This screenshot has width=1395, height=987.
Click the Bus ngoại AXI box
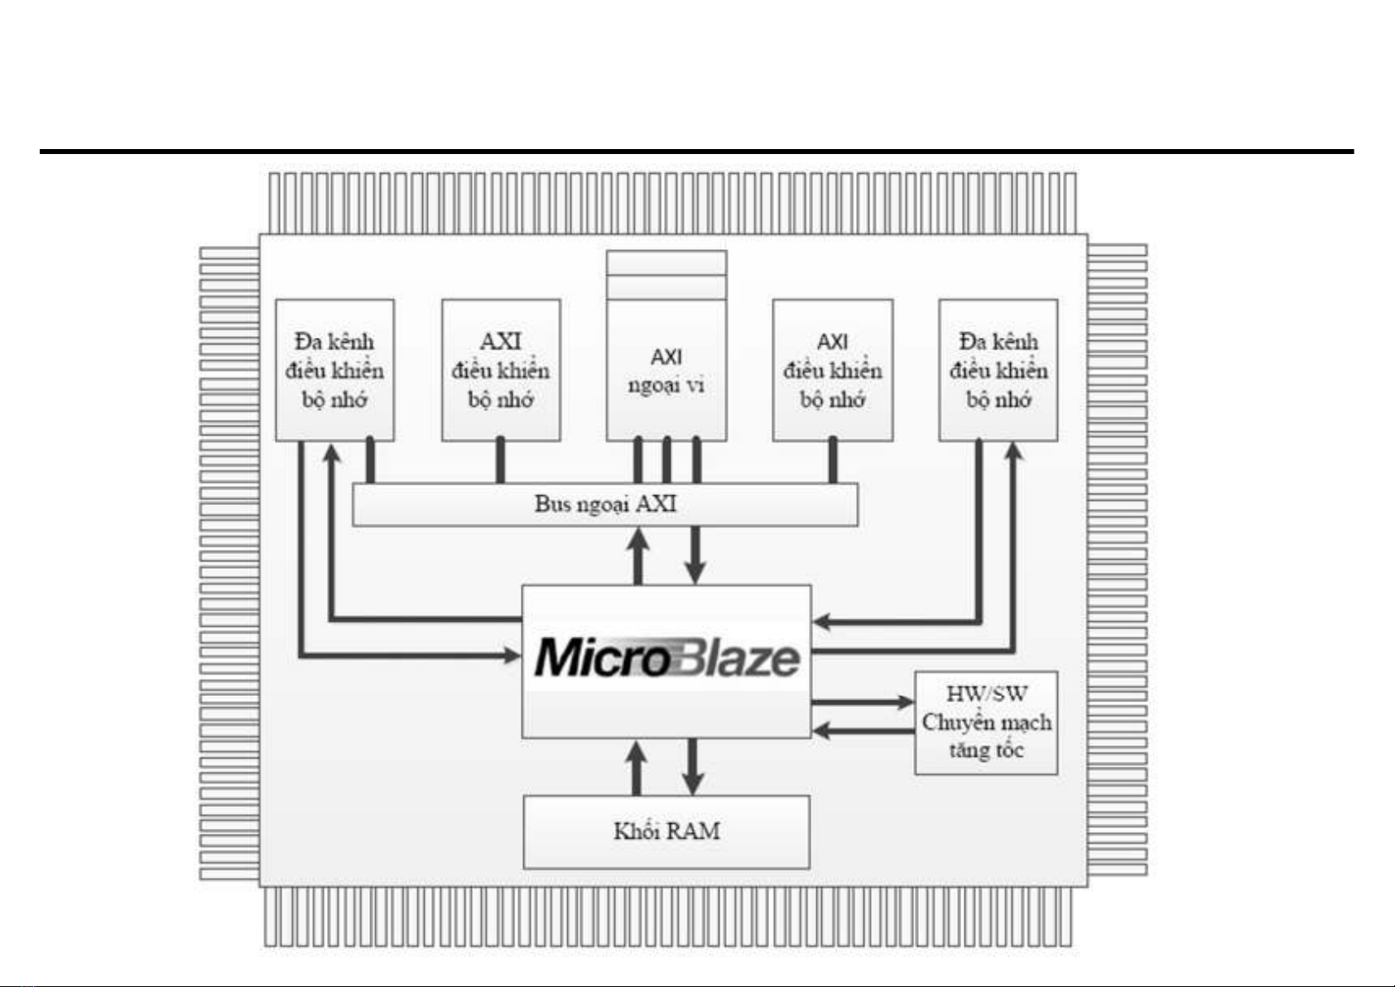point(605,504)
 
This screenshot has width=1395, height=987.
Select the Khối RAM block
point(666,831)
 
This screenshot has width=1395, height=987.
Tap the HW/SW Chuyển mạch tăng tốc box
point(986,723)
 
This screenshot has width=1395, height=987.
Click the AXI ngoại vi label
point(666,371)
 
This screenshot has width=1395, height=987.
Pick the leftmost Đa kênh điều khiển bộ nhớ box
point(334,370)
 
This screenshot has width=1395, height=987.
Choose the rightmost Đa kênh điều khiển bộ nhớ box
point(998,370)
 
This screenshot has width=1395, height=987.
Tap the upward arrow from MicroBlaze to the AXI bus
point(638,555)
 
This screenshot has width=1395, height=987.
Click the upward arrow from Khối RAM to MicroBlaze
point(636,767)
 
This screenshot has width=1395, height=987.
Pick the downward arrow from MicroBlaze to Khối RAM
point(693,767)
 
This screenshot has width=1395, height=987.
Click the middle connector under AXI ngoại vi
point(667,461)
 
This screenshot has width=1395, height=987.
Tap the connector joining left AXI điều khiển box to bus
point(500,461)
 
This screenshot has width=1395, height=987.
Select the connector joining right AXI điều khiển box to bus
point(833,461)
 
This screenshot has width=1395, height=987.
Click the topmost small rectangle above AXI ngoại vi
point(666,262)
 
